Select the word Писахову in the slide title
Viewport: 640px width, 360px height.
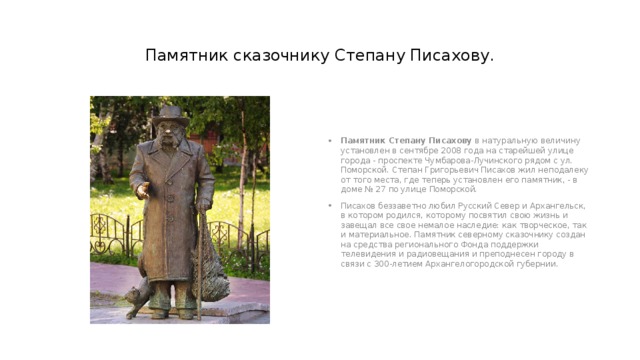pos(451,54)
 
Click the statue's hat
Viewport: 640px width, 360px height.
pos(171,113)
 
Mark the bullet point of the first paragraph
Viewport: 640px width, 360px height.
pos(330,141)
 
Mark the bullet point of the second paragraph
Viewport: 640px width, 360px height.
pos(330,206)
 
